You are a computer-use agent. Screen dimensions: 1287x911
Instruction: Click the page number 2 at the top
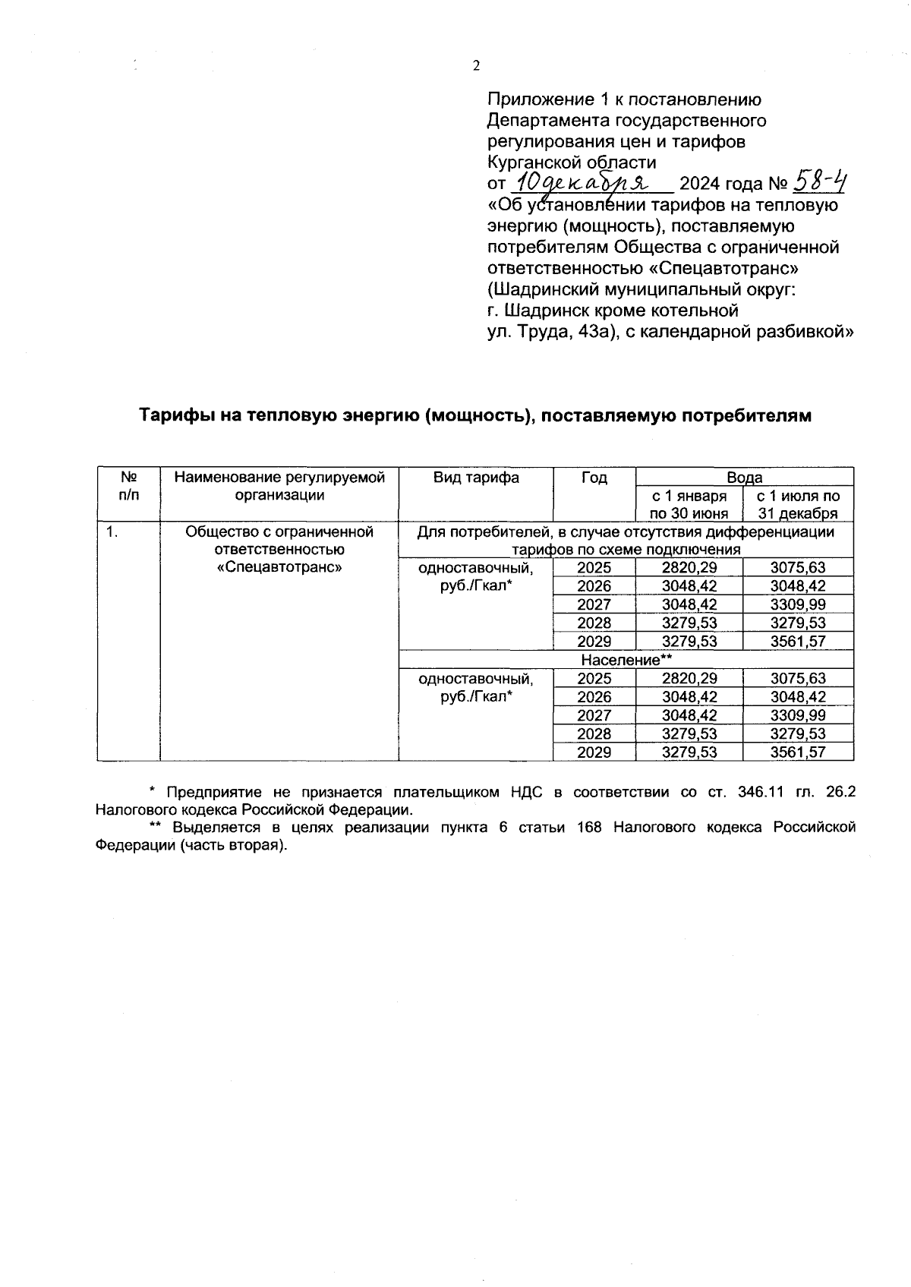476,66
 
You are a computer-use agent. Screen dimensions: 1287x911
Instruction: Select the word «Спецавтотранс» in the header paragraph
730,268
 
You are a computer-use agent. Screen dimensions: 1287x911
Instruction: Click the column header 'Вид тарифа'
476,478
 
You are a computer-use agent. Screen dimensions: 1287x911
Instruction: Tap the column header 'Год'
594,478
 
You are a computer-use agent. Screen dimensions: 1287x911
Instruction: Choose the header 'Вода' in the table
744,477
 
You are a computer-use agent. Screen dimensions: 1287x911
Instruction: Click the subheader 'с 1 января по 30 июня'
689,504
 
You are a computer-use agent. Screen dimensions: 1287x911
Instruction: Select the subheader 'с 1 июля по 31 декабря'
798,504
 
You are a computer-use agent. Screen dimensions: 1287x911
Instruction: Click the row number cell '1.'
112,532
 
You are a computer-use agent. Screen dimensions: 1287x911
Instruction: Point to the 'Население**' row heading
626,660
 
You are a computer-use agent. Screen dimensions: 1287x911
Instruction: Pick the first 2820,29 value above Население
689,567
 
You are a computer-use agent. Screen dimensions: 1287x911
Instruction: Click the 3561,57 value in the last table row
798,752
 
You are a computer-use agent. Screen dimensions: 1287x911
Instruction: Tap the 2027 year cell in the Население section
594,715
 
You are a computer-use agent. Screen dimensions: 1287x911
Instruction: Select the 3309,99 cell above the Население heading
798,604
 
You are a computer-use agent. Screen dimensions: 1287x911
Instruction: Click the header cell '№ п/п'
128,486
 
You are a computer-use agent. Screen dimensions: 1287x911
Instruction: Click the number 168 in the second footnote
589,828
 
